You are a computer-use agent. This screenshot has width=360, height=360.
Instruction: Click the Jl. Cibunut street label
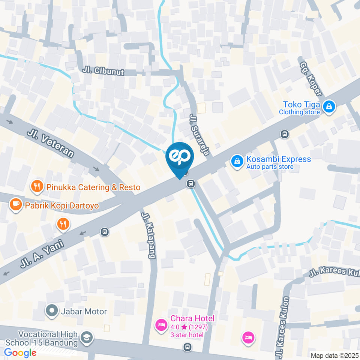103,71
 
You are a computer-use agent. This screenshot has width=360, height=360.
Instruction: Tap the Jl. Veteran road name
50,143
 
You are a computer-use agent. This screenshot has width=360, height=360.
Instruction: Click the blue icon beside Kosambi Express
237,162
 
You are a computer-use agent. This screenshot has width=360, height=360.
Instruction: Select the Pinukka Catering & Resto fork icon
37,186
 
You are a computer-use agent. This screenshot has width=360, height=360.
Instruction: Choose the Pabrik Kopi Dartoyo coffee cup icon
15,204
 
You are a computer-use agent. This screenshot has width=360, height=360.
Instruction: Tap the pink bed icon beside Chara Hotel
162,324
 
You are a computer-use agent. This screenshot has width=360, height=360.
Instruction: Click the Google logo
20,352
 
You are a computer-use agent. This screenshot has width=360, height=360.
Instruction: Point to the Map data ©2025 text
334,355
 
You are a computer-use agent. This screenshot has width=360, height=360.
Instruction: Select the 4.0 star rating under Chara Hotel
189,327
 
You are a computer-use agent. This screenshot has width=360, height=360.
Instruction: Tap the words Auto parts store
270,167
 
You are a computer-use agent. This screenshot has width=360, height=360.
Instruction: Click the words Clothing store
299,112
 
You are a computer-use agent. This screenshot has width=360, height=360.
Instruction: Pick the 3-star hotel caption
187,335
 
